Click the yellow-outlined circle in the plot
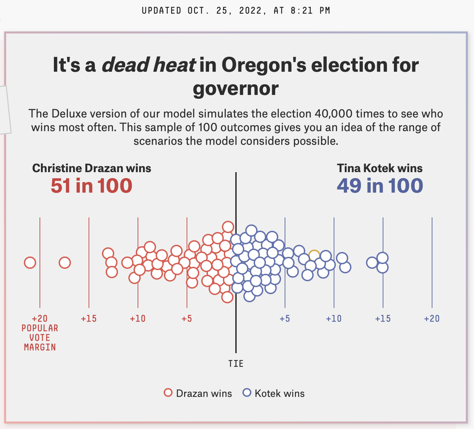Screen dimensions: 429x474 314,255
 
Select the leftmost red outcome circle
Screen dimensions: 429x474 30,263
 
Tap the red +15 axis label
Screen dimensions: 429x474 89,319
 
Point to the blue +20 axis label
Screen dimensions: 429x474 432,319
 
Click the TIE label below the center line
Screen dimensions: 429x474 236,363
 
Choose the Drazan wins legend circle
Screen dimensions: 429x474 168,393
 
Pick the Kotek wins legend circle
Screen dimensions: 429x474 247,393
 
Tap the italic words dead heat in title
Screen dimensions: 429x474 149,65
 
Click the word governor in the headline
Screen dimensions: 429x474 236,88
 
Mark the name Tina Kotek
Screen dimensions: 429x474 364,168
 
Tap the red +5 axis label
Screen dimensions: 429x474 187,319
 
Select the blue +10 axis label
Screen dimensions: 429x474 334,319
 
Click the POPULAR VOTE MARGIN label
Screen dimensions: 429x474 40,337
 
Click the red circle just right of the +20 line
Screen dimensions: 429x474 65,263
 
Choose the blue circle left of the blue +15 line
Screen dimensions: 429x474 372,263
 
